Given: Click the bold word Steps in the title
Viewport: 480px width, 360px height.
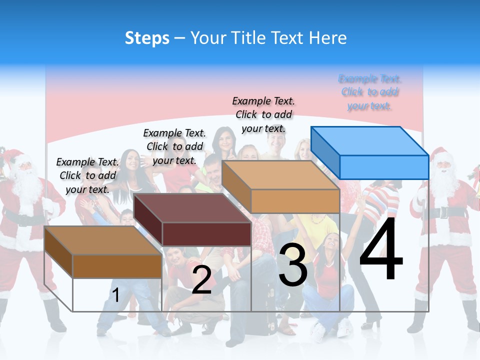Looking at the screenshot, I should (x=147, y=38).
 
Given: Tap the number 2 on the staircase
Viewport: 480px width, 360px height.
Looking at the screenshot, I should (x=201, y=280).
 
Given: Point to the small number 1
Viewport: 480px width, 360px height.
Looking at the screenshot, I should (x=115, y=295).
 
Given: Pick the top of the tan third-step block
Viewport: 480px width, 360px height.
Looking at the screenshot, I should (x=280, y=175).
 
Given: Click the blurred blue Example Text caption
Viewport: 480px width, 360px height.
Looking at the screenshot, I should (x=369, y=92).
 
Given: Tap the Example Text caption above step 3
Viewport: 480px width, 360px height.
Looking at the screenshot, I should (x=263, y=114).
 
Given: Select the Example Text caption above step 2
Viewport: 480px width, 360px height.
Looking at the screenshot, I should (x=174, y=146).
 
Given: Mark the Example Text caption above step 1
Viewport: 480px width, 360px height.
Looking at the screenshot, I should (x=87, y=175).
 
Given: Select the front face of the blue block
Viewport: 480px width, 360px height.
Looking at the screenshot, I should (x=384, y=167).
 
